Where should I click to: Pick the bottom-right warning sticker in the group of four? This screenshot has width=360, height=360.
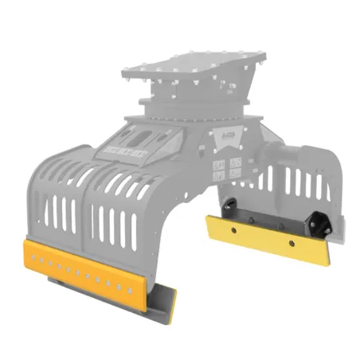coord(237,173)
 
